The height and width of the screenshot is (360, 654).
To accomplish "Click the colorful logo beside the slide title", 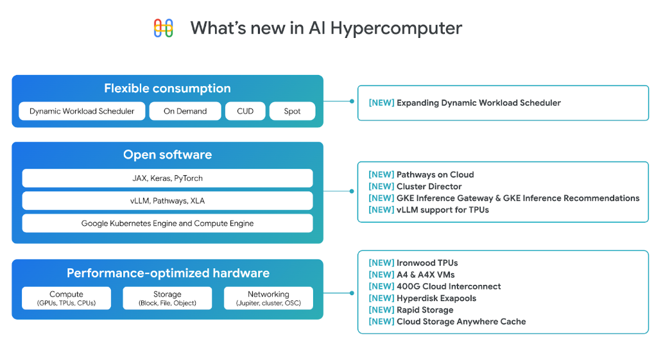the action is click(x=164, y=28).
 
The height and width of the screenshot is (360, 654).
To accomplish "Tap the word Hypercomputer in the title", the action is click(x=396, y=29).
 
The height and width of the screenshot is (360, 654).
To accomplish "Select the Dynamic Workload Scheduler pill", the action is click(x=82, y=111).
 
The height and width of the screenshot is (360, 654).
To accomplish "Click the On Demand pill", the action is click(x=185, y=111).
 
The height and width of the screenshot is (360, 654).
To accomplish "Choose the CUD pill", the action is click(x=245, y=111).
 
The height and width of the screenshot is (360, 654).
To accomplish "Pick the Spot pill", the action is click(x=292, y=111).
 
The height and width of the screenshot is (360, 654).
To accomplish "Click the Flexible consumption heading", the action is click(x=168, y=89).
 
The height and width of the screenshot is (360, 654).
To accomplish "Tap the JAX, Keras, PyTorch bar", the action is click(x=168, y=178).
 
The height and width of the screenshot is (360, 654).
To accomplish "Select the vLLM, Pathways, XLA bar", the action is click(x=168, y=201).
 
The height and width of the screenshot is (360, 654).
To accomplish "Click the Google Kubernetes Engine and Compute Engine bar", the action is click(x=168, y=223).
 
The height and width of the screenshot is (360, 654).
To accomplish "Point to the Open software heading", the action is click(x=168, y=155).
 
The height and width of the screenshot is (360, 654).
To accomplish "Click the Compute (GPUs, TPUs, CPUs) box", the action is click(x=66, y=298).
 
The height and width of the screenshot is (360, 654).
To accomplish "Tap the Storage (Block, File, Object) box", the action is click(x=168, y=298).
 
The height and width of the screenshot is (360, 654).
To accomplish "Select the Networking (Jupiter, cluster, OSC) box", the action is click(x=268, y=298).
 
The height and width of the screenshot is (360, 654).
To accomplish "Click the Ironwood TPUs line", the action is click(x=413, y=263).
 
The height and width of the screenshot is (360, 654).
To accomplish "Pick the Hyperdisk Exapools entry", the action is click(x=422, y=298).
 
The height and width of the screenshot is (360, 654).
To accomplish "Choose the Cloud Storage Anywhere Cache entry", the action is click(x=447, y=321).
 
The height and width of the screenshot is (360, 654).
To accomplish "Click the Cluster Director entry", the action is click(x=415, y=186).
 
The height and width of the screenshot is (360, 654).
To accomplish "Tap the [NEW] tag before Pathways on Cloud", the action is click(x=381, y=175).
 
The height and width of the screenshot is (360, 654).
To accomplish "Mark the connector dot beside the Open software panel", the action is click(x=352, y=191).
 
